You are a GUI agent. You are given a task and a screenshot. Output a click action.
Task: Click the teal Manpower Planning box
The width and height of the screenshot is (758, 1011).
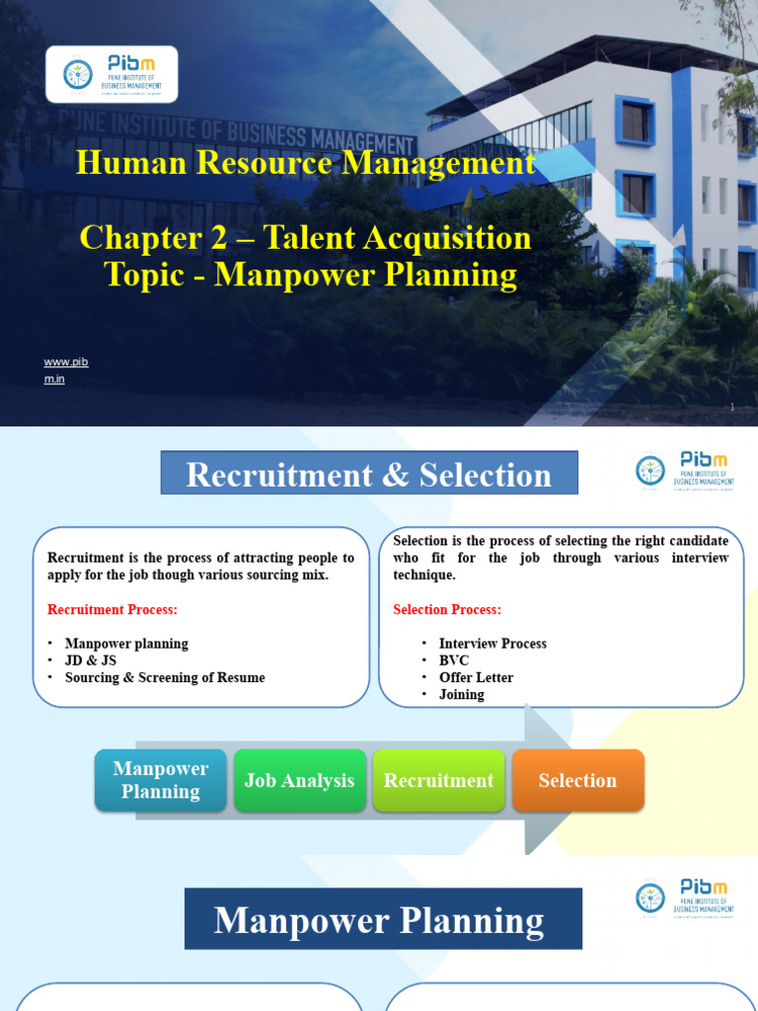pos(161,780)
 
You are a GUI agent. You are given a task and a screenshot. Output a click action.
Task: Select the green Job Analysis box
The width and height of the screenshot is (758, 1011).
pos(299,780)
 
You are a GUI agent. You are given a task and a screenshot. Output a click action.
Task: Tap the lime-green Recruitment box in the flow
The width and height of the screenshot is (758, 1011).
pos(438,780)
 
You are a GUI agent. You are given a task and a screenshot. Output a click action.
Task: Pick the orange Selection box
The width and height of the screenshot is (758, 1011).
pos(577,780)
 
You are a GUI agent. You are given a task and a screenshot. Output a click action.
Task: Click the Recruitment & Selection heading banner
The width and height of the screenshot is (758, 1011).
pos(369,474)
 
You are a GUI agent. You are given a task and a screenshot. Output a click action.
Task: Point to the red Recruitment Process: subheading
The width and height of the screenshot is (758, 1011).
pos(113,609)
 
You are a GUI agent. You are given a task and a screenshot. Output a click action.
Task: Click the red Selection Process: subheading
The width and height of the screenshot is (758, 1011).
pos(447,609)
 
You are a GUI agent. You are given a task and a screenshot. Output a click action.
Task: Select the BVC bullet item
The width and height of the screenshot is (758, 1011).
pos(454,661)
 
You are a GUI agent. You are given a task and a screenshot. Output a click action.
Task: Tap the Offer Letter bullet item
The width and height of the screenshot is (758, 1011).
pos(476,677)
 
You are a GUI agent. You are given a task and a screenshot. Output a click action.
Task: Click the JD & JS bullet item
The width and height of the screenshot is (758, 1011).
pos(92,661)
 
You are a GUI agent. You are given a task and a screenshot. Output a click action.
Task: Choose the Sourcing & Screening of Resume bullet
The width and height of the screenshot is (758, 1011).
pos(165,677)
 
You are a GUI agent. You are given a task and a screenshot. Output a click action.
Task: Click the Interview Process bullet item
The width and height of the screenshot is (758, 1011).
pos(493,644)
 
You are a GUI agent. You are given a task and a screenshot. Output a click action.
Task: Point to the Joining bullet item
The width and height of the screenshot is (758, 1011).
pos(461,694)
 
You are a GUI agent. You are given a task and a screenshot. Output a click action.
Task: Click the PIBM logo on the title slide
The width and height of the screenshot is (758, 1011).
pos(112,74)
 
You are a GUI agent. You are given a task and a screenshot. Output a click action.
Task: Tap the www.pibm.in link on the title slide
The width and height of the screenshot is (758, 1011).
pos(66,370)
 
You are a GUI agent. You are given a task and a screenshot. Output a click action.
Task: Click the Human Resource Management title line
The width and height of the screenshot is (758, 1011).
pos(306,163)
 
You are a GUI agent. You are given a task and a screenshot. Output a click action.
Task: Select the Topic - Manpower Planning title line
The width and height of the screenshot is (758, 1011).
pos(311,274)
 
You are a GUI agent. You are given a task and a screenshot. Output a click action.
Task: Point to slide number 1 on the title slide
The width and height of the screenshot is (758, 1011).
pos(732,408)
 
